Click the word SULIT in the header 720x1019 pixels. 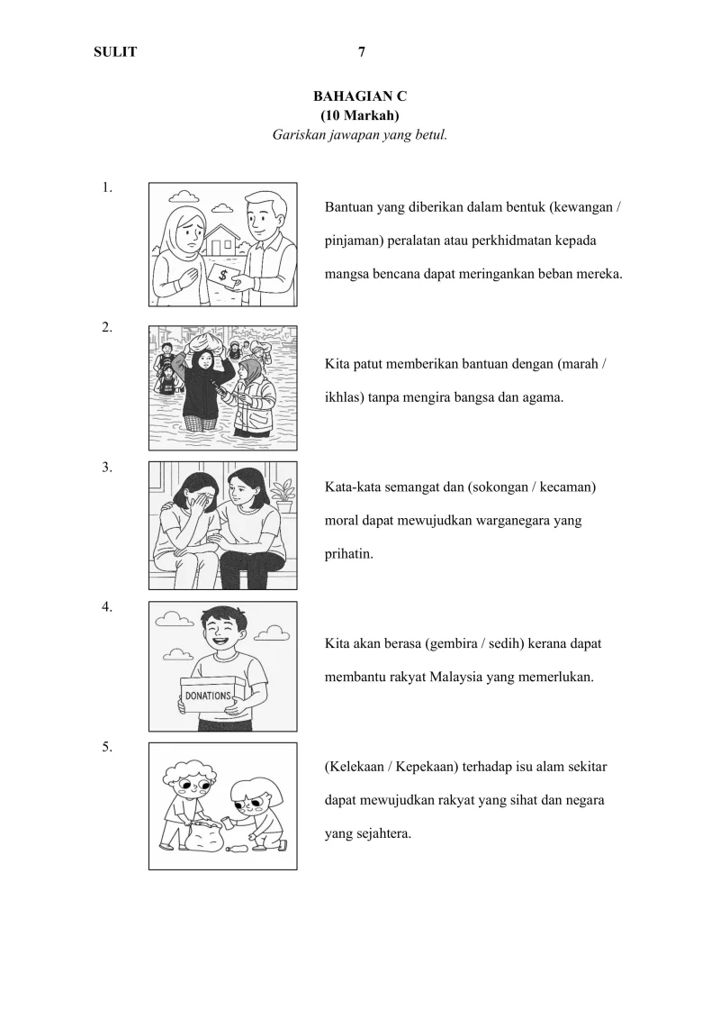[x=115, y=52]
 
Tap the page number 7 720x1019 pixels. [x=362, y=52]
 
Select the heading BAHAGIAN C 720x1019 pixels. [x=360, y=96]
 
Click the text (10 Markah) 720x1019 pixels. [x=360, y=115]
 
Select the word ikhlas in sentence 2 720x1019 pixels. [x=343, y=396]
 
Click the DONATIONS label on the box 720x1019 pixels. [x=207, y=696]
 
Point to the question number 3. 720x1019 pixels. [x=107, y=467]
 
